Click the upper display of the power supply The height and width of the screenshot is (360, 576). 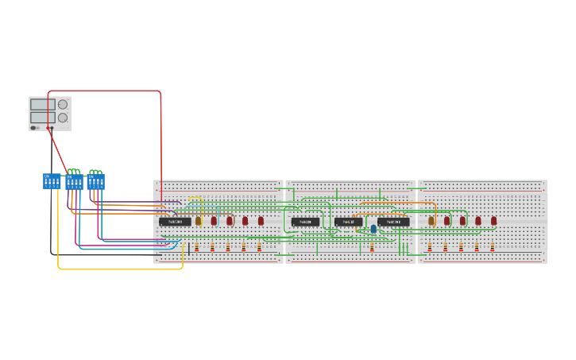point(42,104)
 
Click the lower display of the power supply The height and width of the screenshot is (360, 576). point(42,117)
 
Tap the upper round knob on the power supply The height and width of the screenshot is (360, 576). point(63,104)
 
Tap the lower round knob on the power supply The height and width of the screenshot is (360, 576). point(63,118)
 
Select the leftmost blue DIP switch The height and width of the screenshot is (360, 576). point(52,181)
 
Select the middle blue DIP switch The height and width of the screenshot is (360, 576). point(74,182)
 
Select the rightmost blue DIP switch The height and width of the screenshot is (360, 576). point(96,181)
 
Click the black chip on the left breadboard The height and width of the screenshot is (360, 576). point(175,222)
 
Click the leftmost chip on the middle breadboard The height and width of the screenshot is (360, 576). point(305,222)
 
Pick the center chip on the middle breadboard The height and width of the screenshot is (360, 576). point(348,222)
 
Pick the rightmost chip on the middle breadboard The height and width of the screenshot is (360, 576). point(393,222)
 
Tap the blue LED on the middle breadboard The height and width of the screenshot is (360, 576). point(373,229)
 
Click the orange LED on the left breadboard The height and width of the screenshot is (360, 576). point(199,221)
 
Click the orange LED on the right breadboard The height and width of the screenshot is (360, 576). point(431,221)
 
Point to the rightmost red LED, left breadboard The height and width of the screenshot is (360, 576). point(261,221)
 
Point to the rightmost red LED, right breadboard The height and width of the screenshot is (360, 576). point(493,221)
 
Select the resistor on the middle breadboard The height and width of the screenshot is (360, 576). point(372,247)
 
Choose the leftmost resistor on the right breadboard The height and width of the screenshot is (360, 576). point(430,247)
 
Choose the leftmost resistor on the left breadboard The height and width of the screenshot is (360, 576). point(196,247)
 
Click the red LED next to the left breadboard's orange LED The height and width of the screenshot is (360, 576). point(214,221)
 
